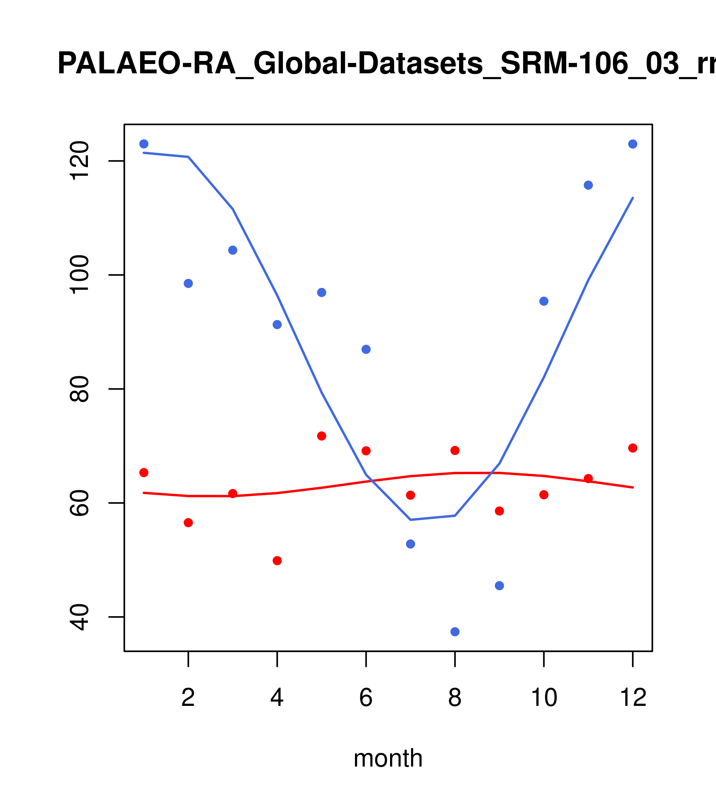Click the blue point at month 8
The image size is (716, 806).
coord(455,632)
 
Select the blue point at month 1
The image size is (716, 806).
coord(144,144)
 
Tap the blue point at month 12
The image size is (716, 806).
coord(632,144)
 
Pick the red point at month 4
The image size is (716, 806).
coord(277,560)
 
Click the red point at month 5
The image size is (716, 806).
coord(322,436)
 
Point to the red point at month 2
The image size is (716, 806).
coord(188,523)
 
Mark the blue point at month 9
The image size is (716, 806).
coord(499,586)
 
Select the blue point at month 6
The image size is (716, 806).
coord(366,349)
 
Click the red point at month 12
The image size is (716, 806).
coord(632,448)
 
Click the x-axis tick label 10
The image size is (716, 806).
coord(544,698)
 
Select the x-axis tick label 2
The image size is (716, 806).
coord(188,698)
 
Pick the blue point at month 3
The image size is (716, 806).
coord(232,250)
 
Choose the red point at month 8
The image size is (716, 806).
coord(455,450)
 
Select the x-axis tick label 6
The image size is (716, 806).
coord(366,698)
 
